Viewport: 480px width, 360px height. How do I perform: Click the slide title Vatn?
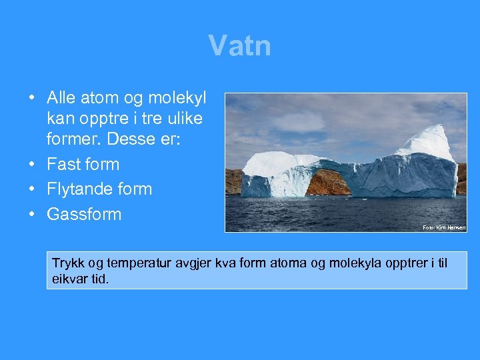[x=239, y=46]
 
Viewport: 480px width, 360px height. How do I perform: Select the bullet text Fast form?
[x=83, y=164]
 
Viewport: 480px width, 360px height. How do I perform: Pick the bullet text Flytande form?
[x=99, y=189]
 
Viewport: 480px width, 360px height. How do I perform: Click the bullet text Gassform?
[x=84, y=214]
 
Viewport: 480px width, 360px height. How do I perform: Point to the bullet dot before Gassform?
[x=32, y=214]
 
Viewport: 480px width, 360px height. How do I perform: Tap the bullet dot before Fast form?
[x=32, y=164]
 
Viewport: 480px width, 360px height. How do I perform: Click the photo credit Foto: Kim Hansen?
[x=444, y=227]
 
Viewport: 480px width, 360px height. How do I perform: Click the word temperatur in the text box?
[x=133, y=263]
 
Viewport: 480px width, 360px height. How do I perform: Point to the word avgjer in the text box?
[x=183, y=263]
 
